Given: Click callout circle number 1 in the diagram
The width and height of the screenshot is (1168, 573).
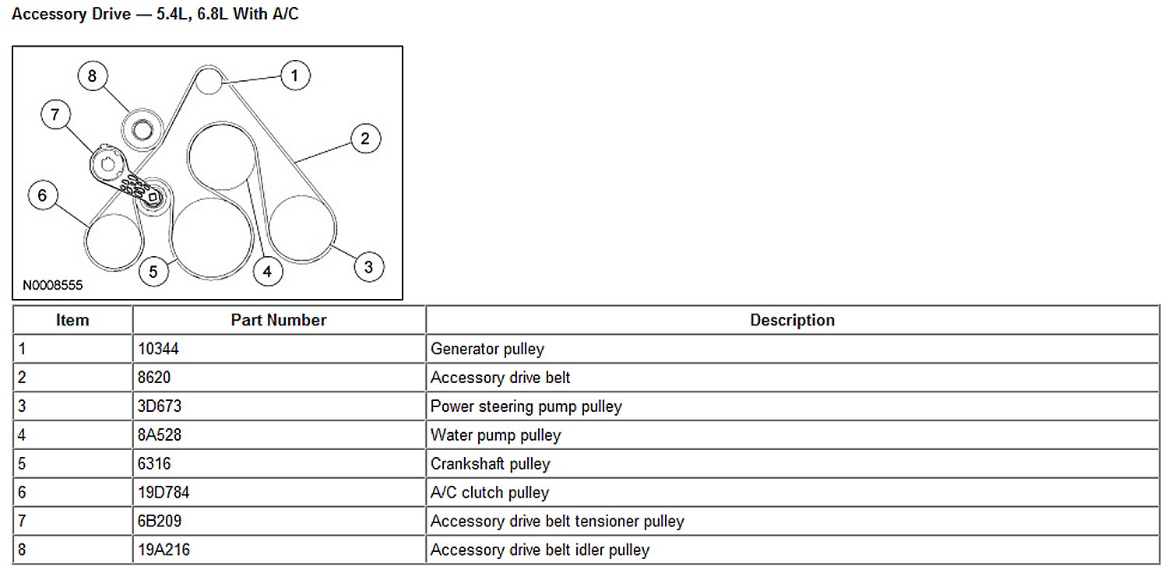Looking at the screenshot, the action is click(x=294, y=76).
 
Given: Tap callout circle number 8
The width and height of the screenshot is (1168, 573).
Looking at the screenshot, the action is click(x=93, y=76).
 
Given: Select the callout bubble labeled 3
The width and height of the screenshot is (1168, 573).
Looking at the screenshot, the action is click(x=368, y=267).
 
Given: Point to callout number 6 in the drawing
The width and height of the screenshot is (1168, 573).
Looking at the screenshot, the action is click(x=43, y=195).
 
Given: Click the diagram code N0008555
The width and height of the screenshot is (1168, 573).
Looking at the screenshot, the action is click(x=53, y=286).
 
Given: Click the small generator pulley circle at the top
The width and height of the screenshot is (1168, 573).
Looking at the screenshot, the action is click(x=209, y=81).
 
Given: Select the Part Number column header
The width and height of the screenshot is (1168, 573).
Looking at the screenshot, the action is click(x=279, y=320).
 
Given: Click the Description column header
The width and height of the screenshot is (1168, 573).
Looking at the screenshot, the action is click(x=792, y=320).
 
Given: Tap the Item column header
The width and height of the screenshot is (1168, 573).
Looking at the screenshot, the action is click(x=72, y=320).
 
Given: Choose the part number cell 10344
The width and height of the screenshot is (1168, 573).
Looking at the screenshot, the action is click(x=159, y=349).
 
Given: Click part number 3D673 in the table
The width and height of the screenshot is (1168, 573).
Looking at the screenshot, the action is click(x=160, y=406).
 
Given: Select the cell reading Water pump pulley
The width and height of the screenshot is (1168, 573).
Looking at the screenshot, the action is click(x=495, y=435).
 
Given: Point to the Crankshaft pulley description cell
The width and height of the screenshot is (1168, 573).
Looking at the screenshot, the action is click(x=491, y=464).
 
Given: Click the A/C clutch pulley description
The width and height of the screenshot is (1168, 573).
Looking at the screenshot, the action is click(x=490, y=493).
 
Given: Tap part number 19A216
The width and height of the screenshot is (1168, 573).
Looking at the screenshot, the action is click(x=164, y=550).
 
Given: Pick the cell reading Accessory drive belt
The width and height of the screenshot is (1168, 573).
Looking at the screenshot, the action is click(x=501, y=378).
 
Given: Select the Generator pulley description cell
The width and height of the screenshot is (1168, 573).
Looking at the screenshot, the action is click(x=487, y=349).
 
